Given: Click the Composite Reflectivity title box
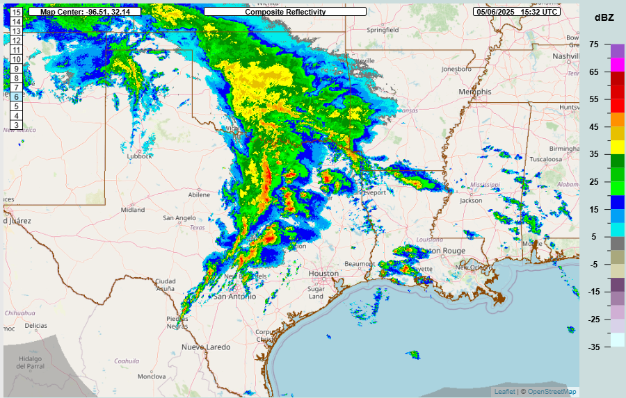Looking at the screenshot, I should [x=285, y=12].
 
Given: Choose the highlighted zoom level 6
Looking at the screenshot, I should [x=16, y=97].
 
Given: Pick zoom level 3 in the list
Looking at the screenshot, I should [x=16, y=125].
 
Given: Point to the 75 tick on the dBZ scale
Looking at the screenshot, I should [x=593, y=44].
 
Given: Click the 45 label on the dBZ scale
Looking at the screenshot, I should [x=593, y=127].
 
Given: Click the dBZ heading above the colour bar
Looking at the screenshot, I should [x=602, y=17].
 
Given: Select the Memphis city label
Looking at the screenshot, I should [x=474, y=92].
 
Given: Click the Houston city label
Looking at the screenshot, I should [x=323, y=274].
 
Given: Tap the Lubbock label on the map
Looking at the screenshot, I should [x=139, y=156].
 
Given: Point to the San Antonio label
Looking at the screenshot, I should [x=234, y=297].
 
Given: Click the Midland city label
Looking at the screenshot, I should [x=133, y=209].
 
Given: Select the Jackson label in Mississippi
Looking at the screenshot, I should [x=471, y=201].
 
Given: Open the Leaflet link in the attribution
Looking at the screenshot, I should [x=504, y=392].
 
